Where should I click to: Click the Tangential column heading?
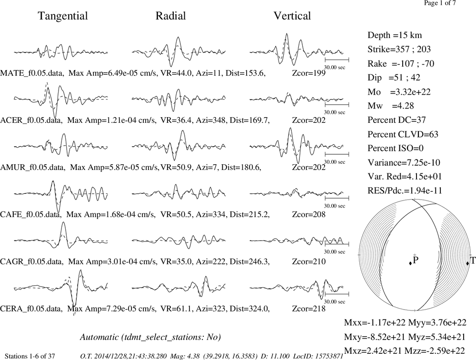pyautogui.click(x=63, y=16)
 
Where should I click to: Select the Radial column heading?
pyautogui.click(x=170, y=16)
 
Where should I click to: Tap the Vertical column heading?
pyautogui.click(x=292, y=16)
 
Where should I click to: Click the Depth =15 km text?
pyautogui.click(x=395, y=35)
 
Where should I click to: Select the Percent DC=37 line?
pyautogui.click(x=397, y=120)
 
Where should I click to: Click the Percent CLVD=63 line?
pyautogui.click(x=403, y=134)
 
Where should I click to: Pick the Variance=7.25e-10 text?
pyautogui.click(x=404, y=162)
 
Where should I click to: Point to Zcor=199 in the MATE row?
pyautogui.click(x=309, y=73)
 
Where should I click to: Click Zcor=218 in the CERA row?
pyautogui.click(x=309, y=309)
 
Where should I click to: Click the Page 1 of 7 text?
pyautogui.click(x=440, y=3)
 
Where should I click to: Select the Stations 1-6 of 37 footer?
pyautogui.click(x=30, y=356)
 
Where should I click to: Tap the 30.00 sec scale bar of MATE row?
pyautogui.click(x=337, y=60)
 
